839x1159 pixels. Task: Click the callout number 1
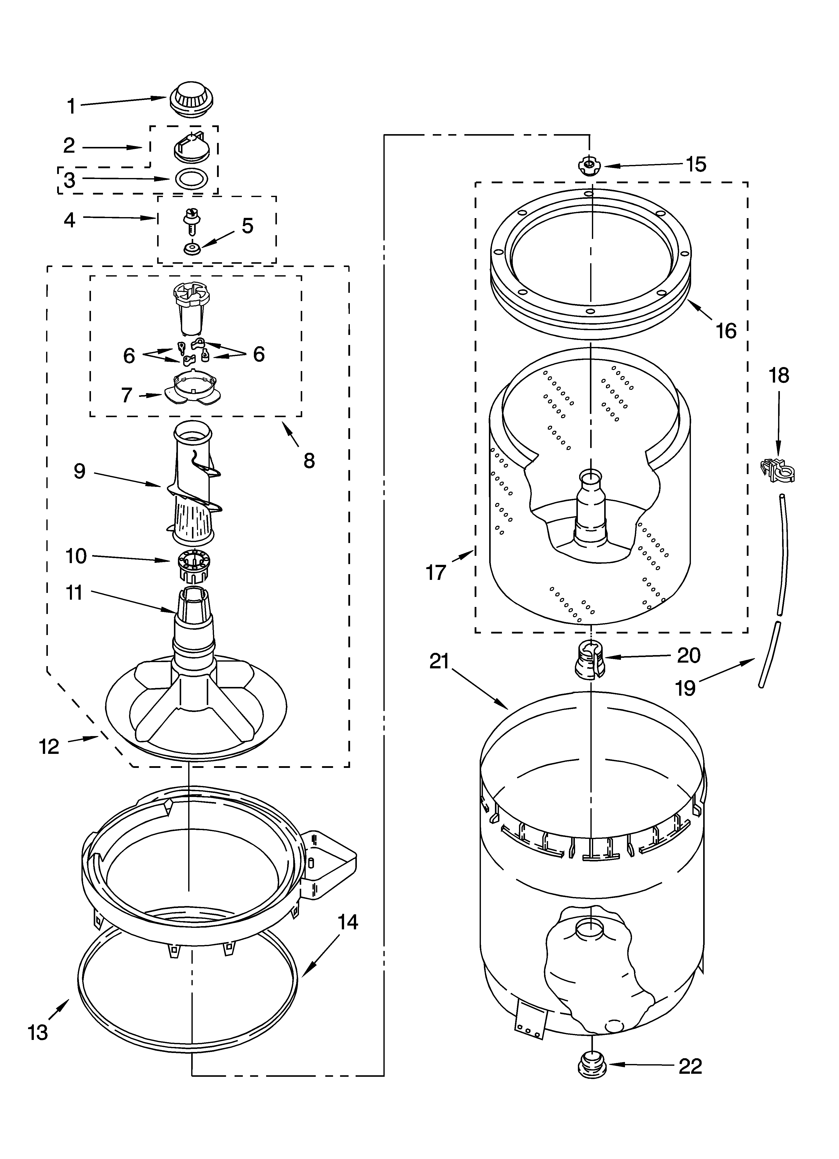71,106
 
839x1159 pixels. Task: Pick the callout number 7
127,395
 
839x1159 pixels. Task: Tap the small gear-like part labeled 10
193,566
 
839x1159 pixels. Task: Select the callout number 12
49,747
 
